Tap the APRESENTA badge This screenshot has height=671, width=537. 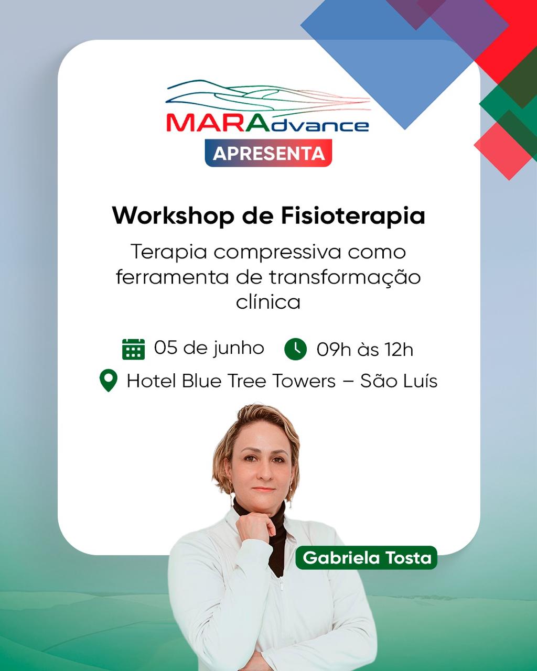coord(268,153)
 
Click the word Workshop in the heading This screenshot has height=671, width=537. coord(173,216)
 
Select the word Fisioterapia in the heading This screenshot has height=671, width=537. coord(353,216)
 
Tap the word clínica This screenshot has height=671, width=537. coord(268,302)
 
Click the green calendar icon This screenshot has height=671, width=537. coord(133,349)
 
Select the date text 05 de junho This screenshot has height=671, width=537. coord(209,348)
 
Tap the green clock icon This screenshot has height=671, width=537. coord(295,349)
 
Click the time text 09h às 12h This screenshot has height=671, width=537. coord(365,350)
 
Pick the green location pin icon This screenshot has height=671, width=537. coord(108,381)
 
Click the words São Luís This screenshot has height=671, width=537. coord(399,381)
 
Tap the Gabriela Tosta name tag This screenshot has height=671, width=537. coord(367,557)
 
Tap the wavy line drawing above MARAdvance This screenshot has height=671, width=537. coord(268,96)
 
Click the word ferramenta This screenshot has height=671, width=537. coord(172,277)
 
